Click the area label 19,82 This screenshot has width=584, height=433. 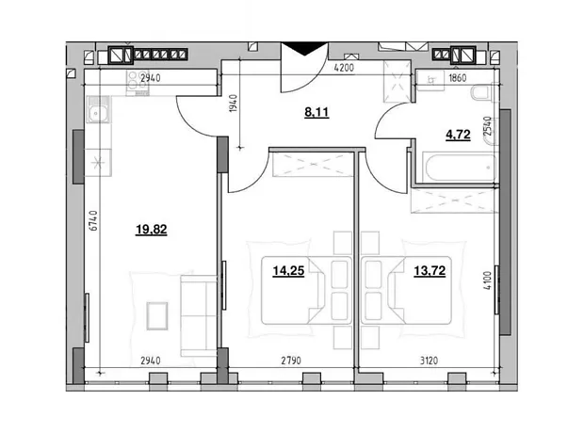tap(152, 230)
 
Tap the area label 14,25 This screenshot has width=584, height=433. tap(288, 271)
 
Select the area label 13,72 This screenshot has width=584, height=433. tap(430, 271)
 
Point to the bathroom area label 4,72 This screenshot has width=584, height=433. tap(458, 135)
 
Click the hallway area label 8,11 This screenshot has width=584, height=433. tap(316, 112)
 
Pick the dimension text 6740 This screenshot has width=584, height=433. tap(93, 220)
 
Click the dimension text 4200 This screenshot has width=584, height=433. tap(344, 68)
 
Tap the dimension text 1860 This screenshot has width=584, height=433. tap(458, 78)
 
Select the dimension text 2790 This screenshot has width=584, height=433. tap(291, 361)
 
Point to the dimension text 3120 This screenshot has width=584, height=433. tap(429, 361)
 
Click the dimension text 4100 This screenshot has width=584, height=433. tap(488, 281)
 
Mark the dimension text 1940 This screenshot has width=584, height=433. tap(234, 104)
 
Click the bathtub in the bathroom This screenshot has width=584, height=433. tap(460, 168)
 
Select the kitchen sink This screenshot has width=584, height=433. tap(98, 109)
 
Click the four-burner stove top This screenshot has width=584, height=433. tap(138, 83)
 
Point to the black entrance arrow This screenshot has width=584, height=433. tap(304, 49)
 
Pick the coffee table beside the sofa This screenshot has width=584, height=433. tap(156, 315)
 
